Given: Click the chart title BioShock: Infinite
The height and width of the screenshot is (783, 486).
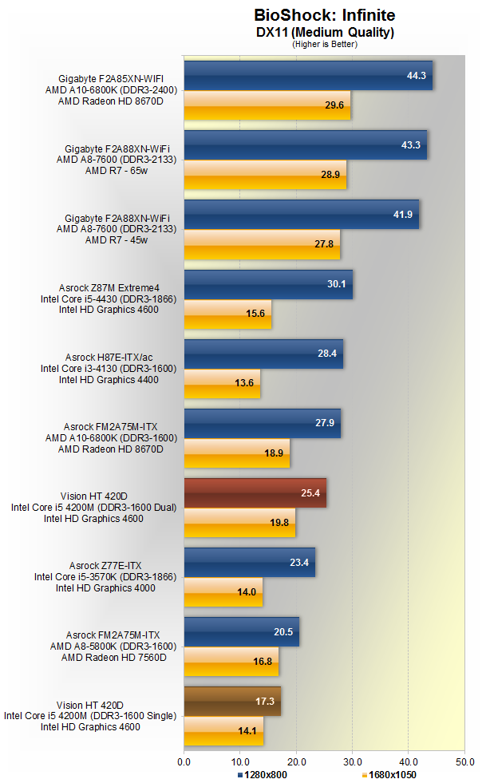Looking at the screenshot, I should (324, 15).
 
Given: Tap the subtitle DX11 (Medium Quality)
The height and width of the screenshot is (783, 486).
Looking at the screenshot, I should (324, 32).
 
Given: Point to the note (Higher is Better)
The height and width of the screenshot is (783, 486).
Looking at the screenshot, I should (324, 44).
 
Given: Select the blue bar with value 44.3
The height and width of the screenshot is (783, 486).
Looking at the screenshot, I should (308, 76).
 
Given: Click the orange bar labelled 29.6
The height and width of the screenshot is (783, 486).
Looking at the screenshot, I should (267, 105).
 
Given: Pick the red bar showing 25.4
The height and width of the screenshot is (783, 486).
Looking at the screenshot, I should (255, 493).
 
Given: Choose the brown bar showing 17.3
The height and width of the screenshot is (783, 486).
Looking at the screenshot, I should (232, 701).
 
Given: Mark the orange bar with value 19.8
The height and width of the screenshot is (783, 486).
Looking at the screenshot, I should (239, 523).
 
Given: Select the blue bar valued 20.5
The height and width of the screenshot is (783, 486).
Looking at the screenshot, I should (241, 631).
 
